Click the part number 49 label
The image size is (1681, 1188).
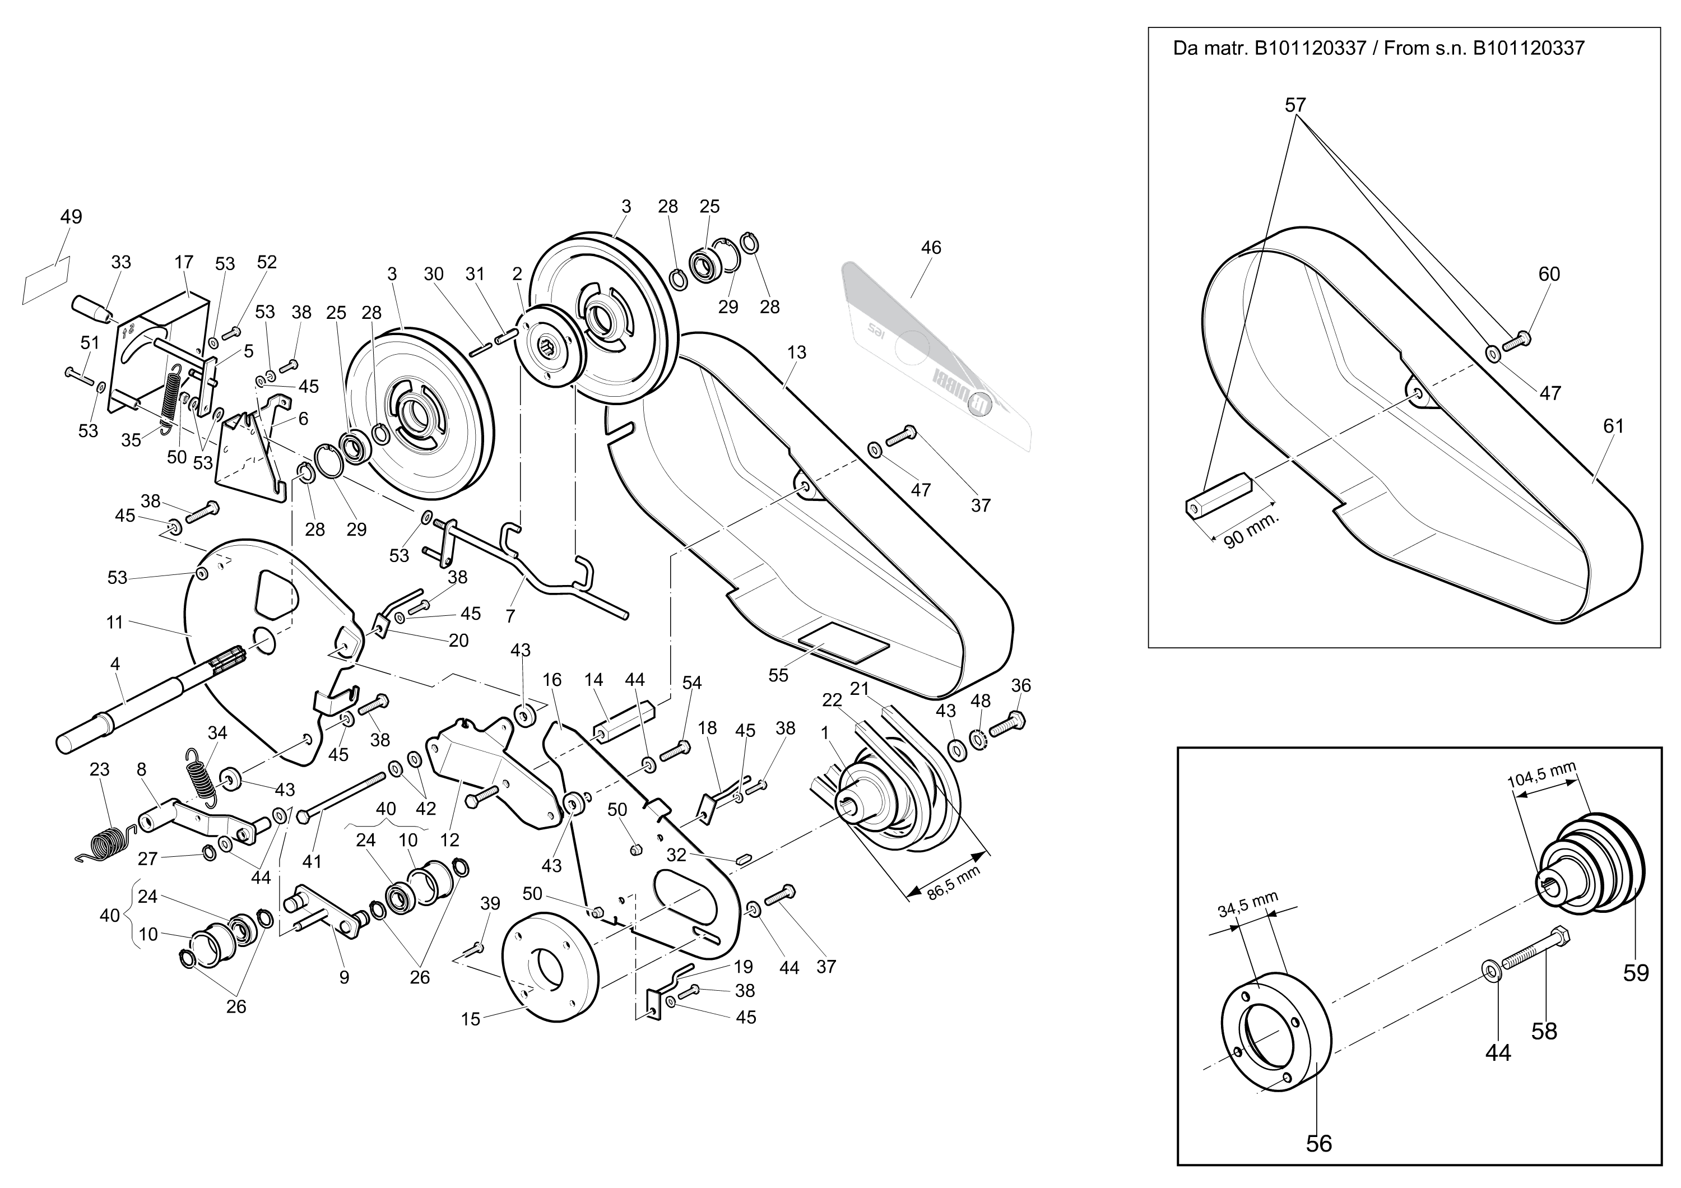tap(71, 217)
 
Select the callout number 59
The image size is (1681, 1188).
tap(1636, 973)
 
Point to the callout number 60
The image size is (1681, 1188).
tap(1549, 274)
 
